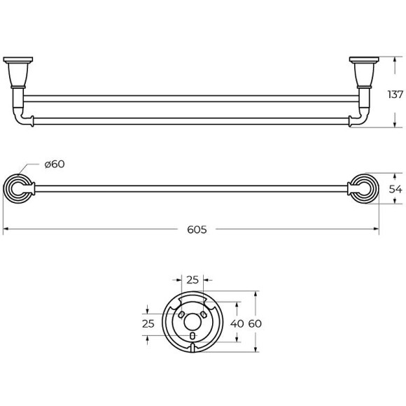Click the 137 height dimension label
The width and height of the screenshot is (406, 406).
click(x=395, y=94)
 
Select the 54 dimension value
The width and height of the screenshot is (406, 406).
click(x=395, y=189)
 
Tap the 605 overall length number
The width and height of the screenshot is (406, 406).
click(x=197, y=230)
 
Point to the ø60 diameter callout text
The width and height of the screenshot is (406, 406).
click(x=55, y=164)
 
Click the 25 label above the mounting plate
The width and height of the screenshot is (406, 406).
click(x=192, y=280)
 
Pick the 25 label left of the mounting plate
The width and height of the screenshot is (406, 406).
click(x=148, y=323)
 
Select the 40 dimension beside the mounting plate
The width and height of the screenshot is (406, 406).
click(x=237, y=323)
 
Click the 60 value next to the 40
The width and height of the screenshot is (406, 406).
click(x=255, y=323)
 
